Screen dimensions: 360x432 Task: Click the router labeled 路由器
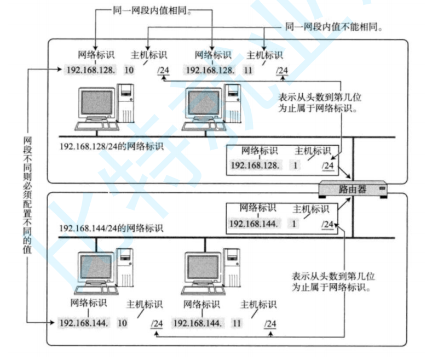coord(353,190)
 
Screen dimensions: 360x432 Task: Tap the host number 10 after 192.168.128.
coord(129,70)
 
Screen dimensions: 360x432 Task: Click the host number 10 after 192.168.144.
coord(122,323)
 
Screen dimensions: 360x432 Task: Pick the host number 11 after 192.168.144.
coord(237,323)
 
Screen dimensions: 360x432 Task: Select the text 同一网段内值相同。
coord(148,10)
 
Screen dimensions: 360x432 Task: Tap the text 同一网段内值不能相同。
coord(333,26)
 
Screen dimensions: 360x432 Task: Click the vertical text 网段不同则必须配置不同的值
coord(27,195)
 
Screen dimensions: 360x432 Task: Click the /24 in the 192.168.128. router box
coord(327,165)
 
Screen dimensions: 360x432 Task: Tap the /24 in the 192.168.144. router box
coord(327,224)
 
